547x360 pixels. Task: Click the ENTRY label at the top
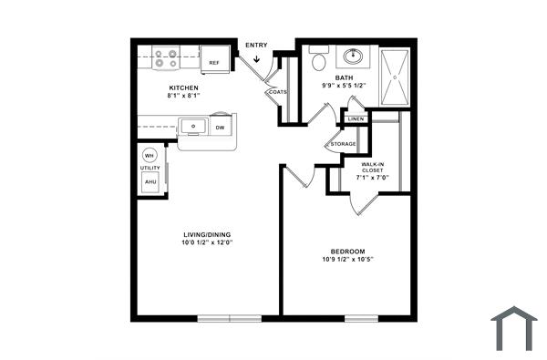[x=256, y=45]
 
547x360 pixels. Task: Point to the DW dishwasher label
[x=220, y=129]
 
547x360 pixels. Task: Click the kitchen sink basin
[x=193, y=126]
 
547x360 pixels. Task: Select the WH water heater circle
[x=150, y=154]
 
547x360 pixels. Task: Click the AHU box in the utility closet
[x=150, y=182]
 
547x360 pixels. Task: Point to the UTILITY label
[x=150, y=168]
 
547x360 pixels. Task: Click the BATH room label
[x=344, y=78]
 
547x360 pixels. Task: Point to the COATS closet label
[x=277, y=92]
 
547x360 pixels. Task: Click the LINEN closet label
[x=356, y=119]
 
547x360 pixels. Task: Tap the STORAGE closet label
[x=343, y=144]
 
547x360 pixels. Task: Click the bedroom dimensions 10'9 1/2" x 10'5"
[x=347, y=260]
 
